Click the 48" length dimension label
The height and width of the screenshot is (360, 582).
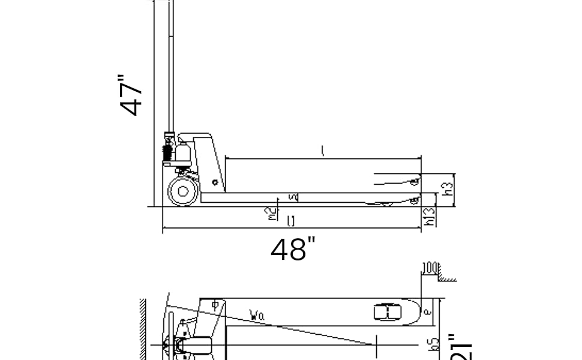[x=293, y=250]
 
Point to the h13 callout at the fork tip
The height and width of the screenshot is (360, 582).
[x=429, y=217]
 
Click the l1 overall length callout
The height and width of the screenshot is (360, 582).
[x=291, y=222]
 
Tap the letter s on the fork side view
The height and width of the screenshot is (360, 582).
[x=293, y=197]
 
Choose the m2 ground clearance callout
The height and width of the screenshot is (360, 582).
[x=272, y=212]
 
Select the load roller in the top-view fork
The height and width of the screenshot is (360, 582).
[x=388, y=312]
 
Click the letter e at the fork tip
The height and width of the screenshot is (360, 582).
[x=427, y=312]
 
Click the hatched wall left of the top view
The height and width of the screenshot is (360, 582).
[x=143, y=330]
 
